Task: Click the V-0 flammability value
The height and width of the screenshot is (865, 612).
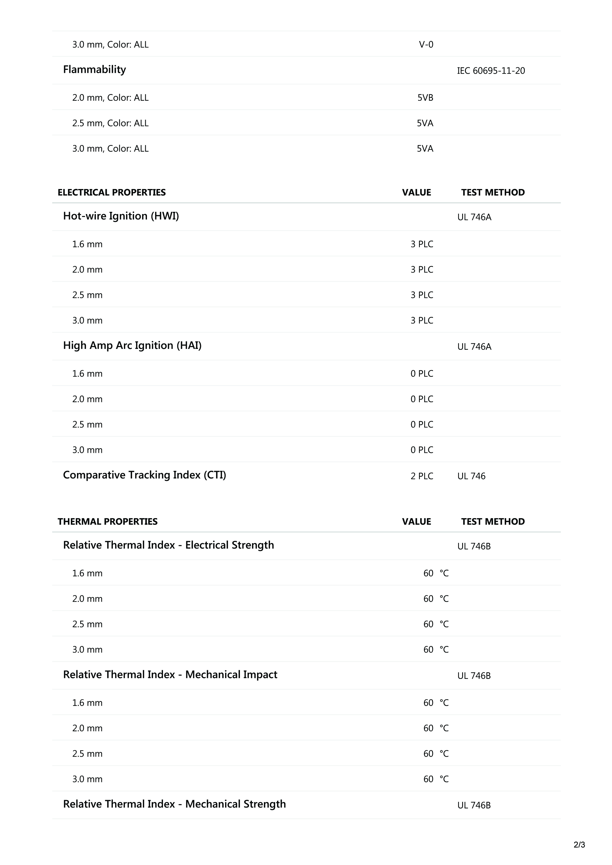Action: [x=426, y=45]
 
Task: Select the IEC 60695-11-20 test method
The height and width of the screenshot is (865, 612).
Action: [x=491, y=71]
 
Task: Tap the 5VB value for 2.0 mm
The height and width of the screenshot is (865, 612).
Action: [x=425, y=98]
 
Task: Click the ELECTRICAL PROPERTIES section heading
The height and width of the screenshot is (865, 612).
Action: [x=112, y=193]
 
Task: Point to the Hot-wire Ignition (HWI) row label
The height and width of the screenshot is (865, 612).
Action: [x=121, y=216]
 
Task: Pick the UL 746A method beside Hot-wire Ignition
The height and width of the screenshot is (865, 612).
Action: [x=474, y=217]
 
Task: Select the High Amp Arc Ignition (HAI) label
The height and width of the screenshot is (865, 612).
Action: [x=132, y=345]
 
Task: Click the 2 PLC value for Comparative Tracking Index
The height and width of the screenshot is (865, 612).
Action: [x=422, y=476]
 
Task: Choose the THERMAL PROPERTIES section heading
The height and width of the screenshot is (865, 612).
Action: [x=108, y=522]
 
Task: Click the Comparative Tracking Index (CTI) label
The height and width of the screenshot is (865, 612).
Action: [x=144, y=475]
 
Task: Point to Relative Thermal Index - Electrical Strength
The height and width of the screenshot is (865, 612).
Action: [x=168, y=545]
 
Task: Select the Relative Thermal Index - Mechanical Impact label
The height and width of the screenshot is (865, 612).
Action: [x=170, y=675]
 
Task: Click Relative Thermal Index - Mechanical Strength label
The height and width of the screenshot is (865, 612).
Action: [x=174, y=804]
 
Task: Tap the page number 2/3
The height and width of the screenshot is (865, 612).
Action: [x=579, y=845]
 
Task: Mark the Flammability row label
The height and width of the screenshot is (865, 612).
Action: [x=94, y=70]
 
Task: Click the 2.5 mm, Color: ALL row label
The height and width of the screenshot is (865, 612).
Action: [x=110, y=123]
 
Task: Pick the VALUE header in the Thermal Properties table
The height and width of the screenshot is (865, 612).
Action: [x=416, y=522]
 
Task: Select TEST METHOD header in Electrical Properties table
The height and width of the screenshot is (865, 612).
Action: [x=492, y=193]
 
